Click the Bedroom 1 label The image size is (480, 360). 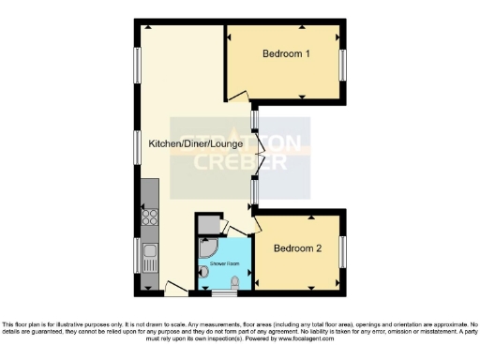(x=286, y=54)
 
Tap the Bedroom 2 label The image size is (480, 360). (x=297, y=248)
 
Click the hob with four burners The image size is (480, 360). (x=149, y=221)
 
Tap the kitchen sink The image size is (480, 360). (x=149, y=250)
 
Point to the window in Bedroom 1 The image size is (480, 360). (x=342, y=64)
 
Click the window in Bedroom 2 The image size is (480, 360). (x=342, y=250)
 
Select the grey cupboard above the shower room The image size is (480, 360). (x=208, y=225)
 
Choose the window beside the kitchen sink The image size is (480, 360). (x=137, y=251)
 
